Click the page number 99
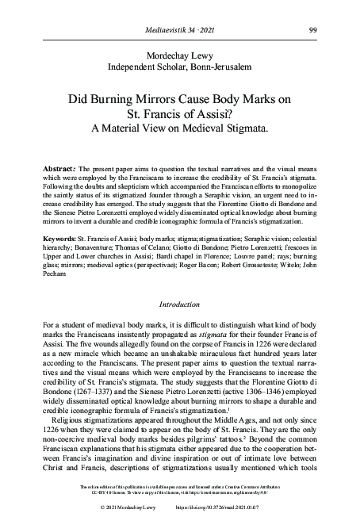pyautogui.click(x=315, y=30)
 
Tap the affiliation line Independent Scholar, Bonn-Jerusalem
pyautogui.click(x=180, y=68)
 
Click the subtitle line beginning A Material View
pyautogui.click(x=180, y=126)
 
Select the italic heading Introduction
pyautogui.click(x=180, y=304)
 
